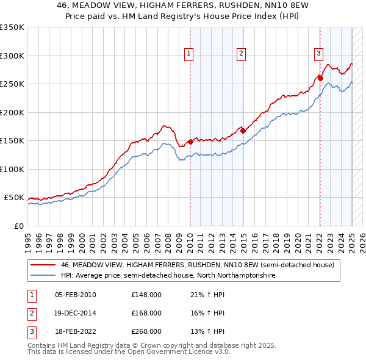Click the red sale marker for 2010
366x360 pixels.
coord(190,142)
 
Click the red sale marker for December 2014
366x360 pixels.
coord(242,130)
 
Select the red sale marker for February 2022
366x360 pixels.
coord(320,78)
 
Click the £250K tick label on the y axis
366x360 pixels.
coord(12,84)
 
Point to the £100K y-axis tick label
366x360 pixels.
coord(12,169)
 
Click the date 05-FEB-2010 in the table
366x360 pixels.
coord(75,295)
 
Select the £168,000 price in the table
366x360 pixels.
coord(146,313)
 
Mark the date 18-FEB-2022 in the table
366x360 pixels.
coord(75,331)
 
